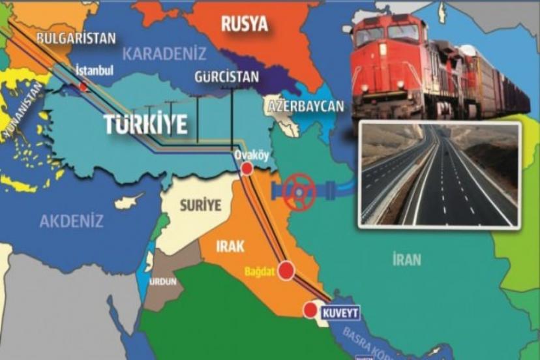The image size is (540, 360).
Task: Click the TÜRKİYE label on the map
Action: [x=145, y=124]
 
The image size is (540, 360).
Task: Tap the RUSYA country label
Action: [x=245, y=25]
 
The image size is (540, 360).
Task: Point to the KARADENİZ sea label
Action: [x=165, y=53]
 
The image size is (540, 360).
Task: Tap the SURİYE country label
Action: [x=200, y=205]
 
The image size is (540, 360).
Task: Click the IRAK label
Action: [x=231, y=247]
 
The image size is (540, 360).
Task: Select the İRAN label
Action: [x=407, y=260]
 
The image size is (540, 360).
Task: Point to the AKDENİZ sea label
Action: [x=71, y=221]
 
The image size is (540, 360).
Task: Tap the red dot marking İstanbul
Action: [x=83, y=86]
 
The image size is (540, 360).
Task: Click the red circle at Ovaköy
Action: [x=247, y=169]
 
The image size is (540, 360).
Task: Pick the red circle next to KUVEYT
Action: [x=310, y=310]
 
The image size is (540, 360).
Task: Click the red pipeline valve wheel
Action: [x=300, y=192]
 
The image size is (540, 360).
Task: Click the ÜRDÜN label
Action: [x=161, y=282]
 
